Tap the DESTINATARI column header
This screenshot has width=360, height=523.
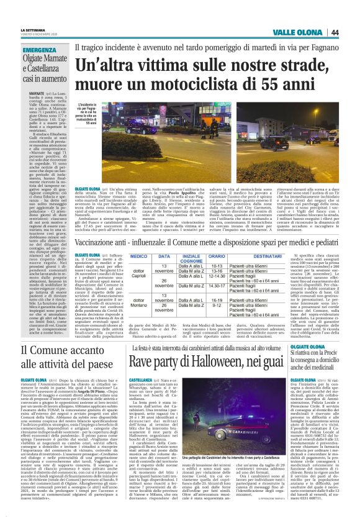[x=268, y=256]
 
